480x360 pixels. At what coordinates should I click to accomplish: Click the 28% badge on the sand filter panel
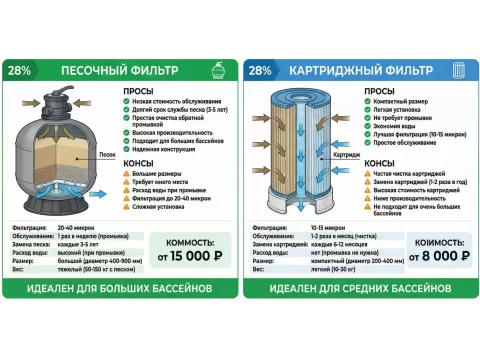coord(21,71)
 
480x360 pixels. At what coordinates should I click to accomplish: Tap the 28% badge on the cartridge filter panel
coord(260,71)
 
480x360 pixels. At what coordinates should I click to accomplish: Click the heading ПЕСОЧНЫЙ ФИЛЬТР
coord(108,71)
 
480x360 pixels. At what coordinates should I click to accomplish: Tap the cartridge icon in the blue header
coord(459,71)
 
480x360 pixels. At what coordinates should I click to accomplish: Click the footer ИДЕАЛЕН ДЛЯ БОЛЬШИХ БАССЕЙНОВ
coord(120,288)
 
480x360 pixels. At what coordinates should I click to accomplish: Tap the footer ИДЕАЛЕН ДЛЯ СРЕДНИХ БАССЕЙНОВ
coord(359,288)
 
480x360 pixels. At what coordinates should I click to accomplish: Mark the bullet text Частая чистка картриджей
coord(407,172)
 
